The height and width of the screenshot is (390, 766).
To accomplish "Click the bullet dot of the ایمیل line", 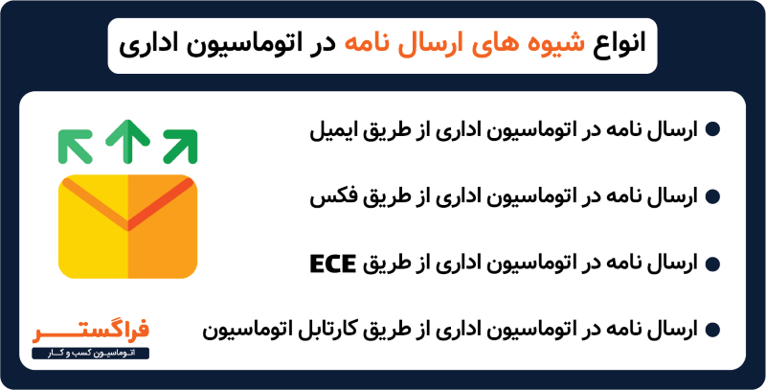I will click(711, 130).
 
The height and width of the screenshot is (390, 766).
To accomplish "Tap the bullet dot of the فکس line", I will click(711, 197).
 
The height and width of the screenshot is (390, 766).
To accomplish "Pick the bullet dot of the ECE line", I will click(711, 264).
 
